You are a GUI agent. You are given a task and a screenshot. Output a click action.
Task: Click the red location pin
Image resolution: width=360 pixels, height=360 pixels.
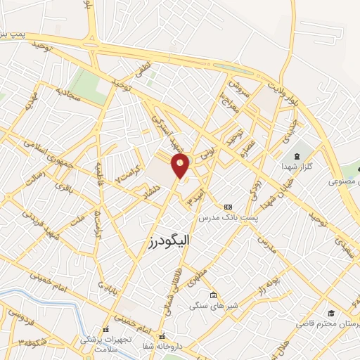(181, 167)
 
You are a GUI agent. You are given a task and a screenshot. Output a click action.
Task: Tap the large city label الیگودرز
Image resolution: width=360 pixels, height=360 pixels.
(172, 243)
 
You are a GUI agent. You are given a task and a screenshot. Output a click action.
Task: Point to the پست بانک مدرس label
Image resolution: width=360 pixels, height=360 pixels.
(229, 219)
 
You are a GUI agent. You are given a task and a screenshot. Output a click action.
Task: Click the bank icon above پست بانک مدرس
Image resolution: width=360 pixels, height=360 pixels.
(228, 207)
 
